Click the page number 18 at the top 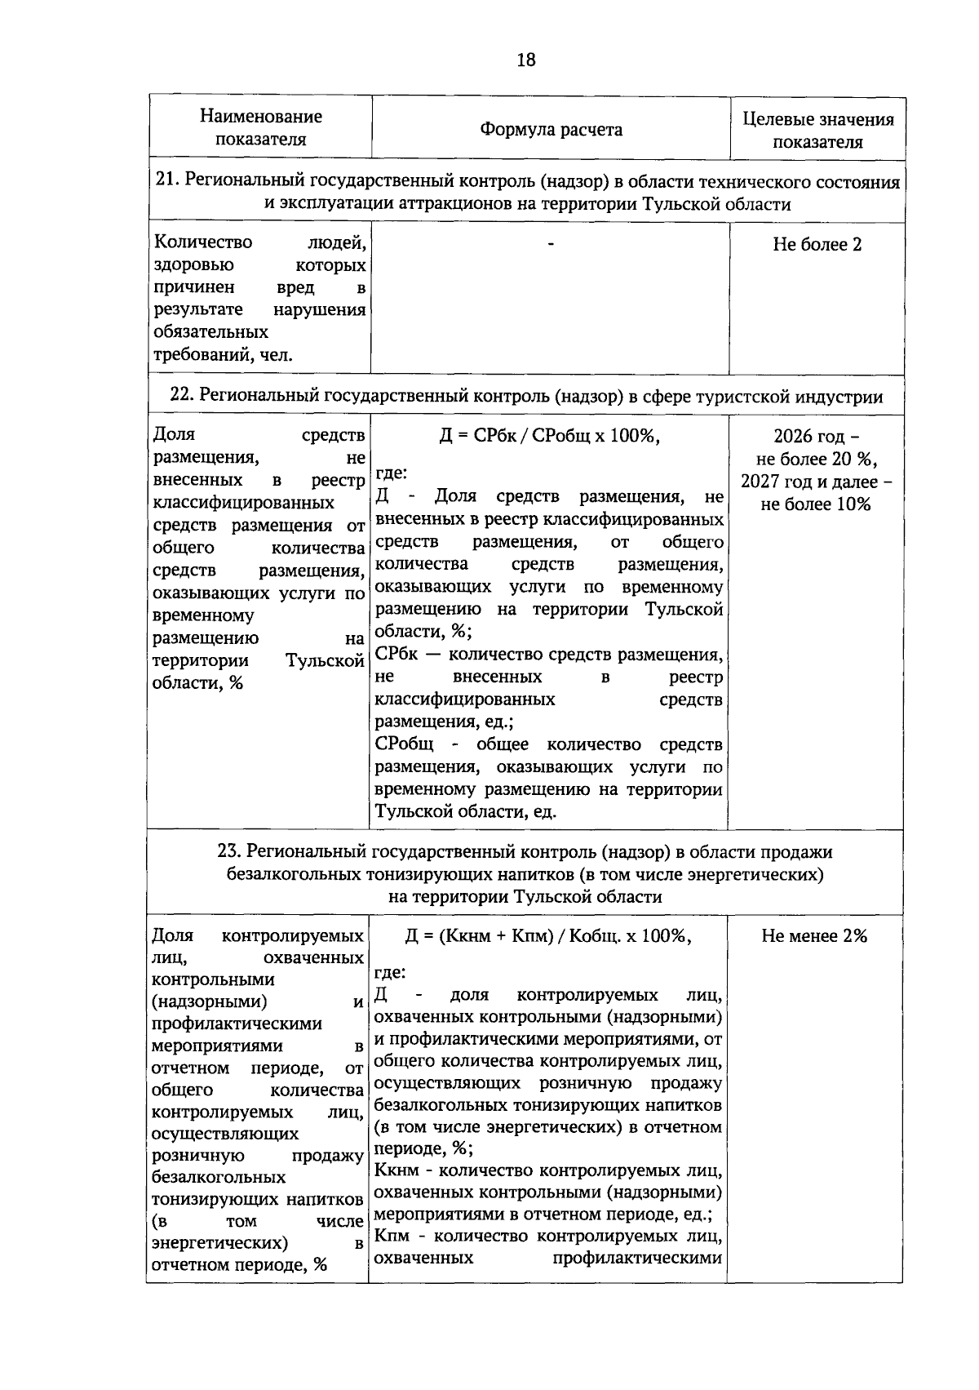pyautogui.click(x=526, y=60)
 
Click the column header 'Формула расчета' pyautogui.click(x=551, y=130)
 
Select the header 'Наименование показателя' pyautogui.click(x=260, y=127)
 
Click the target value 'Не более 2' pyautogui.click(x=817, y=245)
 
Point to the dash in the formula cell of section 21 pyautogui.click(x=551, y=243)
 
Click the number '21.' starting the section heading pyautogui.click(x=166, y=181)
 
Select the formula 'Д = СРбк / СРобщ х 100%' pyautogui.click(x=549, y=436)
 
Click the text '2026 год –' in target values pyautogui.click(x=816, y=436)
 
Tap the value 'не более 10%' pyautogui.click(x=816, y=504)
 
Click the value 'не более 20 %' pyautogui.click(x=816, y=459)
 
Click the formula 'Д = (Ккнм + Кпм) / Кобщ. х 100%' pyautogui.click(x=548, y=936)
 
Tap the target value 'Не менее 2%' pyautogui.click(x=814, y=936)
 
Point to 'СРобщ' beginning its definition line pyautogui.click(x=404, y=745)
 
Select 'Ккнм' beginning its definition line pyautogui.click(x=396, y=1171)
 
